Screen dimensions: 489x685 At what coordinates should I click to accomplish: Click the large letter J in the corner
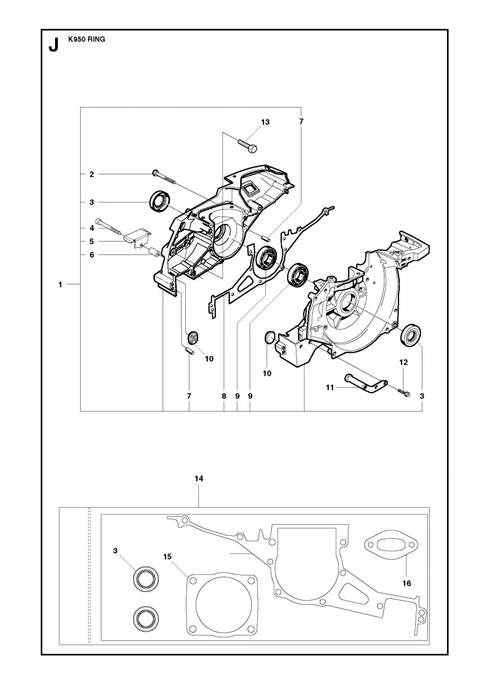point(53,45)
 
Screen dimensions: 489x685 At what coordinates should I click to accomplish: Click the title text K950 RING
point(86,39)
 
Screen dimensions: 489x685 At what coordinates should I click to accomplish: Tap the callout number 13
point(265,122)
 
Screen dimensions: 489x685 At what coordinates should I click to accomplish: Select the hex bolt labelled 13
point(248,145)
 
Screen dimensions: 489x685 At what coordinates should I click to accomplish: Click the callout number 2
point(92,174)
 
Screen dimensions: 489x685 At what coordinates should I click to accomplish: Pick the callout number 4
point(92,228)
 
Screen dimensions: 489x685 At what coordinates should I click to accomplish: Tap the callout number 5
point(92,241)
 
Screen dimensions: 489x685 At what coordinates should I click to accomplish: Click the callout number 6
point(92,254)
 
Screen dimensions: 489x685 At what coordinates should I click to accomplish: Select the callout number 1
point(61,284)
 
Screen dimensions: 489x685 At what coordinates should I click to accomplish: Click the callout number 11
point(329,387)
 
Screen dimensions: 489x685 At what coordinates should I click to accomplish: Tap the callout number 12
point(403,362)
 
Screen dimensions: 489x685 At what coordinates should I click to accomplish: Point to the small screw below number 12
point(404,392)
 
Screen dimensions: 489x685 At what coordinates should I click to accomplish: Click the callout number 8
point(224,396)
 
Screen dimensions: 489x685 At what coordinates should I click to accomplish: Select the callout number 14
point(199,479)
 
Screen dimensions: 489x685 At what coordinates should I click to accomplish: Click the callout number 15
point(167,557)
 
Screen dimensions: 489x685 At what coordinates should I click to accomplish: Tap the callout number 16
point(406,583)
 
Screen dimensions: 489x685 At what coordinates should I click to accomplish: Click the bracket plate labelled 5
point(137,236)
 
